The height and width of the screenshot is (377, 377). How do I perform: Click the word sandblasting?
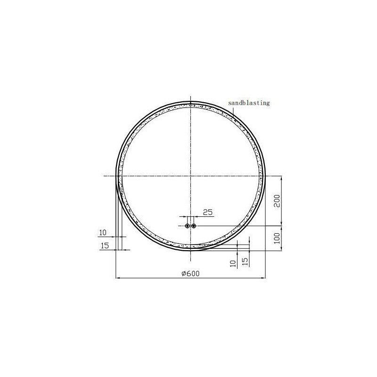tap(249, 103)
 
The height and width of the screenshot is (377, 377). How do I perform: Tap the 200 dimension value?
tap(277, 201)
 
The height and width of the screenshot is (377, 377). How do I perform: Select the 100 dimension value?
tap(277, 238)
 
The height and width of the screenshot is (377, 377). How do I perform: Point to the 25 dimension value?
tap(208, 213)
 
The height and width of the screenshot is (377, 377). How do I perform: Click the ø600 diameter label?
tap(191, 274)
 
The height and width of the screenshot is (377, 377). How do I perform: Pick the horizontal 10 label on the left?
tap(103, 232)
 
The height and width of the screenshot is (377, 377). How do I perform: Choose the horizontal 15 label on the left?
tap(105, 246)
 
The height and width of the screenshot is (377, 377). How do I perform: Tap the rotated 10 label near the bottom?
tap(233, 263)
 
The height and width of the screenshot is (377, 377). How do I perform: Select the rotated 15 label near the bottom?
tap(245, 262)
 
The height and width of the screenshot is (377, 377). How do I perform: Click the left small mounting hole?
tap(187, 226)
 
